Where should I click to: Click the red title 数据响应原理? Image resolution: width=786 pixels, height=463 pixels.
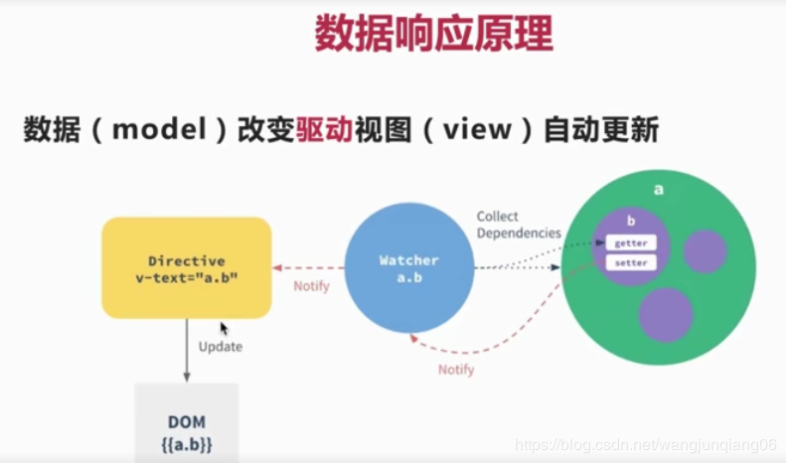click(433, 33)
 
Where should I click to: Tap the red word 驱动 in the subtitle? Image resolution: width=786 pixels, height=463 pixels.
click(325, 129)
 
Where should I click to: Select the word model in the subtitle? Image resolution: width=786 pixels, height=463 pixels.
click(159, 129)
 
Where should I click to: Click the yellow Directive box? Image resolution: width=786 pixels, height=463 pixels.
click(187, 268)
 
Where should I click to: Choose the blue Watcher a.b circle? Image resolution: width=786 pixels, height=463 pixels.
click(409, 268)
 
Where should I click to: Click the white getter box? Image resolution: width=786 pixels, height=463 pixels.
click(631, 243)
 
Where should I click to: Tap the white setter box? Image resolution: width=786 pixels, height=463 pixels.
click(631, 262)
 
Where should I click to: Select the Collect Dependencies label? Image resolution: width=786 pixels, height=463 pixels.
click(519, 225)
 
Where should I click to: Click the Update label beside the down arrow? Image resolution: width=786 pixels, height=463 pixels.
click(221, 347)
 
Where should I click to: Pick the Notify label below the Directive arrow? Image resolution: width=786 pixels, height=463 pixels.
click(311, 286)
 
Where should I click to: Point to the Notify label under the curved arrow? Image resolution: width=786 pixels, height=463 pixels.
click(456, 370)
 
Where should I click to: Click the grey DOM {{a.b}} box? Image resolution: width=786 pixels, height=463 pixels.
click(187, 423)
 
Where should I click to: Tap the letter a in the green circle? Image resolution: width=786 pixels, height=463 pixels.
click(659, 190)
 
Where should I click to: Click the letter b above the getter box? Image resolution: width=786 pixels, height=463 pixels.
click(631, 221)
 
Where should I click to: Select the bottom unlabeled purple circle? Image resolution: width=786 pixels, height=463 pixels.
click(666, 315)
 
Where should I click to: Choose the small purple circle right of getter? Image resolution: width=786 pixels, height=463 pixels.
click(706, 251)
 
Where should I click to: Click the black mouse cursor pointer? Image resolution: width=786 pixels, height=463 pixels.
click(224, 329)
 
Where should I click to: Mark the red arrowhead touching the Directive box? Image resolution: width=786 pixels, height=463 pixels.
click(277, 268)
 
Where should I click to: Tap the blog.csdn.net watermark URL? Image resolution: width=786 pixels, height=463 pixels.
click(646, 444)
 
